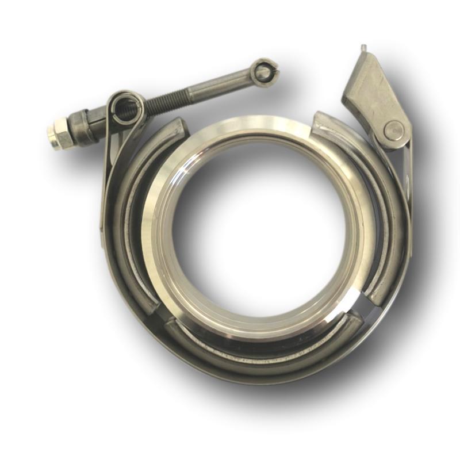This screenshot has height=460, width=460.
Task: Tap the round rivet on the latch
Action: pyautogui.click(x=394, y=131)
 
